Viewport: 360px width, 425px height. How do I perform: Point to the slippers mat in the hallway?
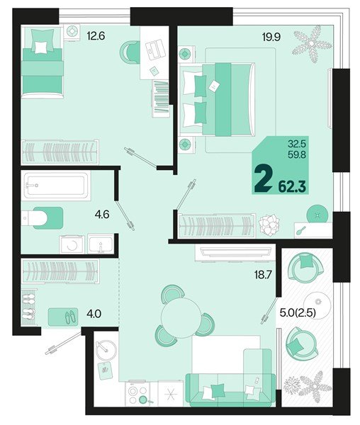pyautogui.click(x=64, y=317)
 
